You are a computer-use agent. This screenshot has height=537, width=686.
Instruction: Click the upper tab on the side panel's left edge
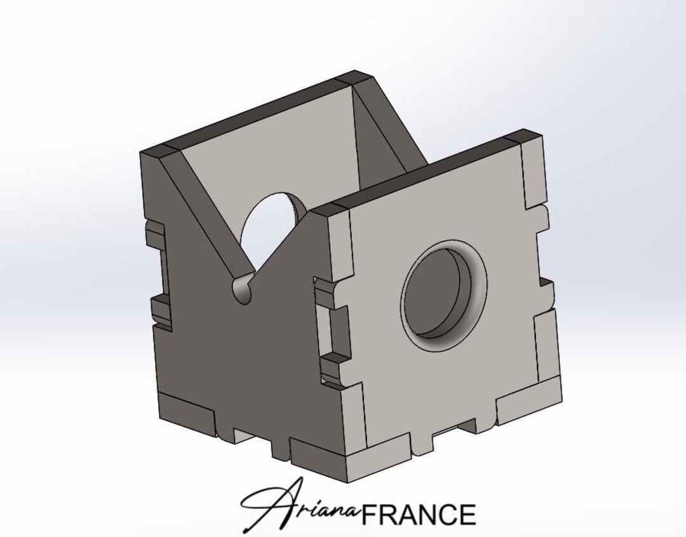pos(156,235)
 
